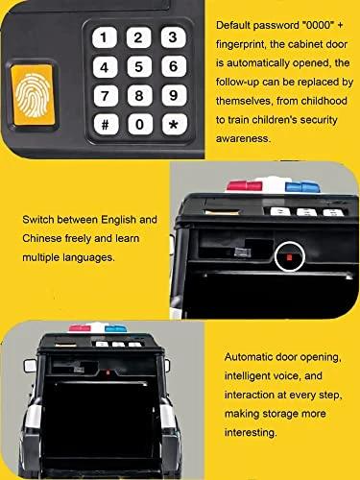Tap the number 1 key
[105, 37]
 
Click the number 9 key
[174, 95]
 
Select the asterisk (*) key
[174, 124]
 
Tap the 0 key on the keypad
[140, 124]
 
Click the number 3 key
[173, 37]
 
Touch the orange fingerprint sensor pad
[32, 95]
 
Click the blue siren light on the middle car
[302, 186]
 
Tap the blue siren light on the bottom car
[116, 328]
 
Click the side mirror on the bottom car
[30, 366]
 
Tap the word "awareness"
[244, 138]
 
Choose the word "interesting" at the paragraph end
[251, 433]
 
